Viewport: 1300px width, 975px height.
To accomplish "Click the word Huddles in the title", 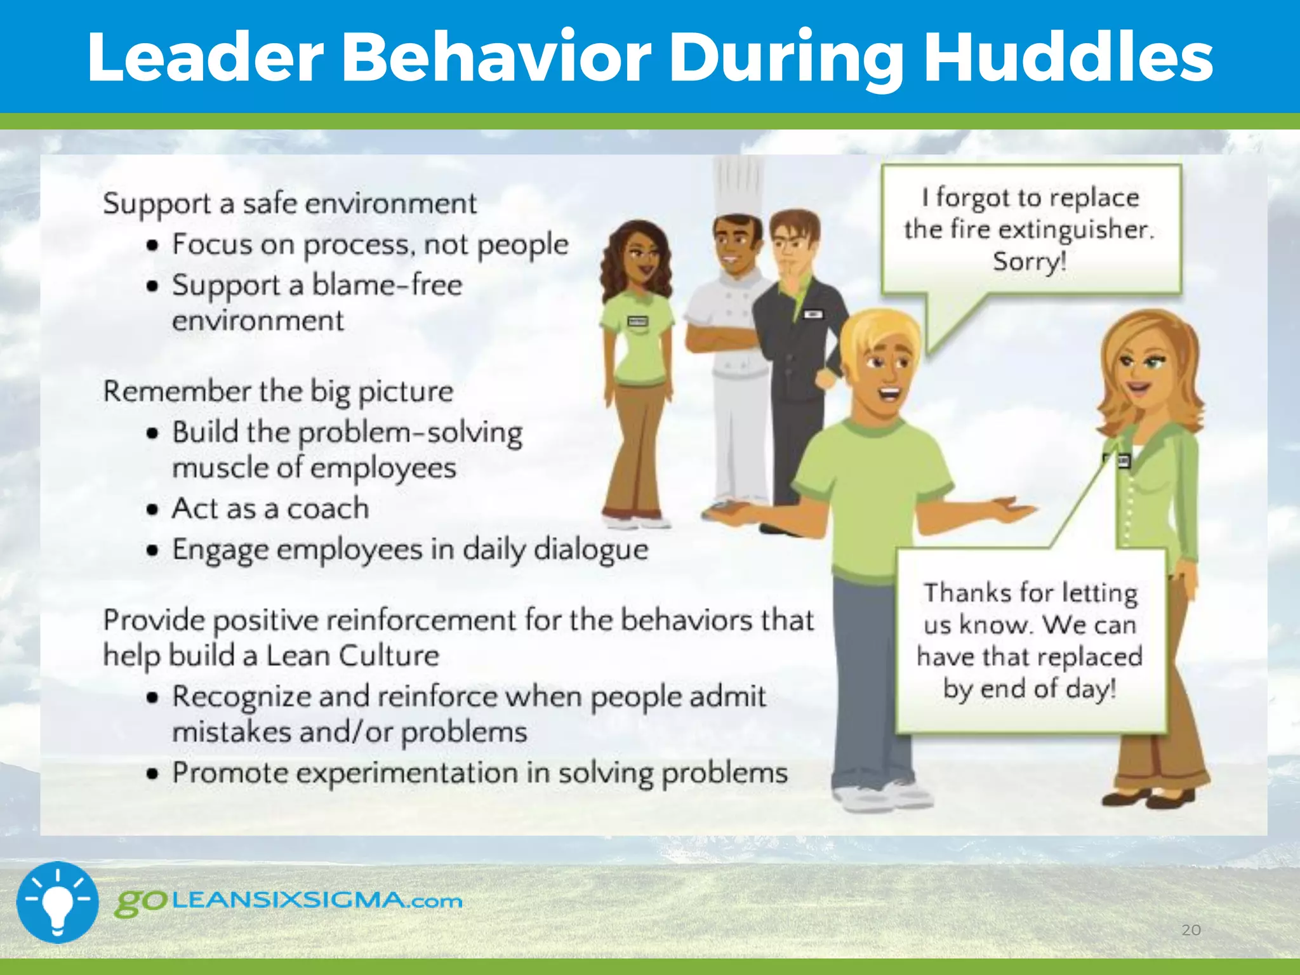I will click(x=1068, y=57).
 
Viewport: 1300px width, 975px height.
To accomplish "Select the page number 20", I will click(x=1191, y=930).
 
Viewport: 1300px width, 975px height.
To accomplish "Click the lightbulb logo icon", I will click(x=57, y=902).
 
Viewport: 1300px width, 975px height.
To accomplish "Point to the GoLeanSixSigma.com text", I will click(x=289, y=901).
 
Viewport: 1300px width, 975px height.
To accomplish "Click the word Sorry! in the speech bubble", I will click(x=1030, y=262).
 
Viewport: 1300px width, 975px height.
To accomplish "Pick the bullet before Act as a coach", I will click(x=152, y=509).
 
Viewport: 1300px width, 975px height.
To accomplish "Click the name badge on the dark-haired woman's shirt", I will click(x=637, y=322).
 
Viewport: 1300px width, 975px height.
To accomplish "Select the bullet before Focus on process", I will click(x=152, y=245).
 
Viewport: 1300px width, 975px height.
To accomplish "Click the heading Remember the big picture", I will click(x=278, y=391).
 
